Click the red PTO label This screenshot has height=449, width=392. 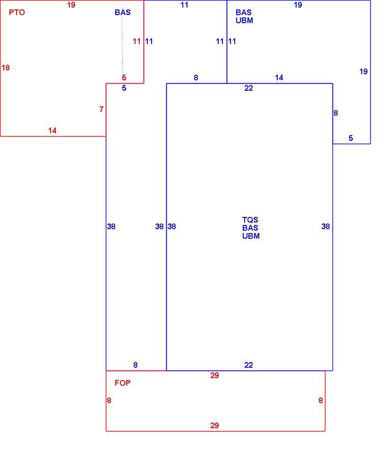[17, 13]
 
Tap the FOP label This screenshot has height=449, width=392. [122, 383]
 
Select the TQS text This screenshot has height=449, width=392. [250, 220]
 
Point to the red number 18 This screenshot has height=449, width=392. [6, 68]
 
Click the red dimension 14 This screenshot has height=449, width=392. [52, 130]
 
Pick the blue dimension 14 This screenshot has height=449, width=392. [279, 78]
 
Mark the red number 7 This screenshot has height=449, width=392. [101, 109]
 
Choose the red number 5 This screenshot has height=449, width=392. [124, 78]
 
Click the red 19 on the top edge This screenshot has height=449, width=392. [71, 5]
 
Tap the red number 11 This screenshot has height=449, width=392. [136, 41]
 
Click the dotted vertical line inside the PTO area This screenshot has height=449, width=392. [122, 45]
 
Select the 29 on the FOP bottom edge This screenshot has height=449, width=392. [214, 425]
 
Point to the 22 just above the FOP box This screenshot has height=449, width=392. [248, 365]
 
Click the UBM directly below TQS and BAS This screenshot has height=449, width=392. [251, 236]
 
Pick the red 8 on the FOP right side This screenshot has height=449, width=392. [321, 400]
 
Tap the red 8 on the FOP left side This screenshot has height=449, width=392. [109, 400]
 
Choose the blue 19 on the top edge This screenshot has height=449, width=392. [298, 5]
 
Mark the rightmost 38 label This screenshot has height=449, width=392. [325, 226]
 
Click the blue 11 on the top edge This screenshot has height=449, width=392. [184, 5]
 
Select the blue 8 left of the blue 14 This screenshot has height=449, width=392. [196, 78]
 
